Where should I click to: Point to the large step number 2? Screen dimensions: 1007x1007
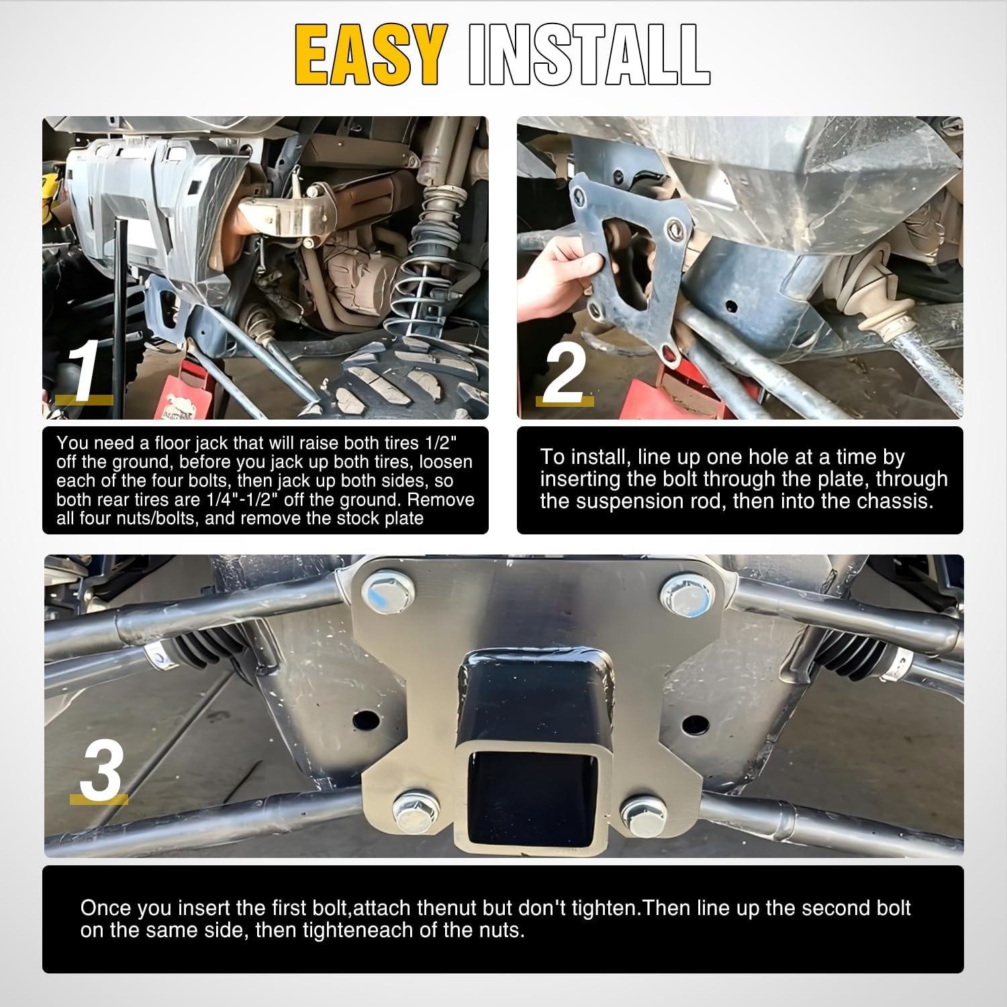tap(565, 371)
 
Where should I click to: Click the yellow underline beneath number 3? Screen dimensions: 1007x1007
tap(99, 798)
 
